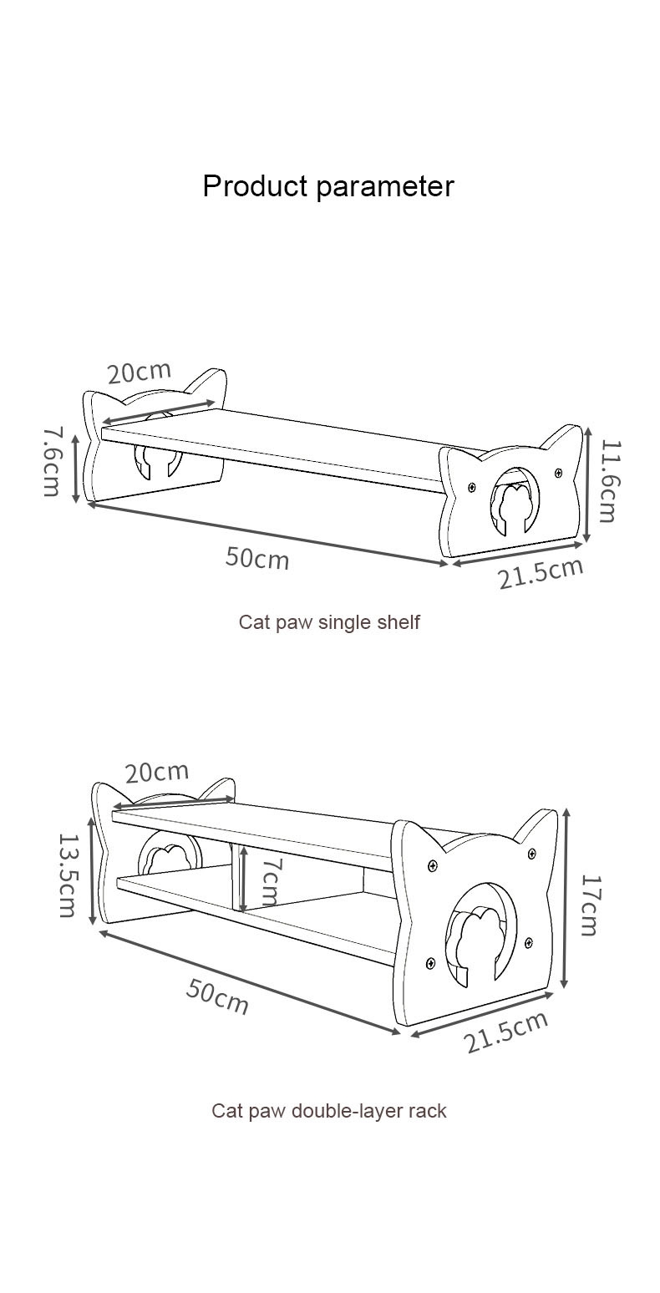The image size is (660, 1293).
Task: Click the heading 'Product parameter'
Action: click(x=328, y=185)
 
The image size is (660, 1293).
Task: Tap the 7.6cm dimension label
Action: click(x=52, y=461)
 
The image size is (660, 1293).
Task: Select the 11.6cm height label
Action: click(x=607, y=482)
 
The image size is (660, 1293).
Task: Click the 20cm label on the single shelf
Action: click(x=139, y=372)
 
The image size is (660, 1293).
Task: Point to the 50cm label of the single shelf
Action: click(x=257, y=557)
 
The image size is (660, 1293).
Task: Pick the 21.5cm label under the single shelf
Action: click(x=541, y=573)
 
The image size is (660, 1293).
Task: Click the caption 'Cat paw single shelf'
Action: click(x=329, y=622)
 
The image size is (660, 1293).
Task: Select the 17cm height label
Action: click(x=590, y=905)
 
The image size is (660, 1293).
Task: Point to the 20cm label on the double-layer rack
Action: click(x=157, y=773)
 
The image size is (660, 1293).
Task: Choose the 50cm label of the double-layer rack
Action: click(x=217, y=996)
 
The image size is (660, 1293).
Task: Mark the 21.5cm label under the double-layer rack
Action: click(x=507, y=1032)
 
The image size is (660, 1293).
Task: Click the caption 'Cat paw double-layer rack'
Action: click(x=329, y=1111)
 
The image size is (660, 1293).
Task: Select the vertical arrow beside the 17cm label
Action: click(x=566, y=898)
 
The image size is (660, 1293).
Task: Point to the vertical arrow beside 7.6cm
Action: click(x=76, y=468)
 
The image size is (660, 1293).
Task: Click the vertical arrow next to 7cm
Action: click(x=242, y=879)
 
